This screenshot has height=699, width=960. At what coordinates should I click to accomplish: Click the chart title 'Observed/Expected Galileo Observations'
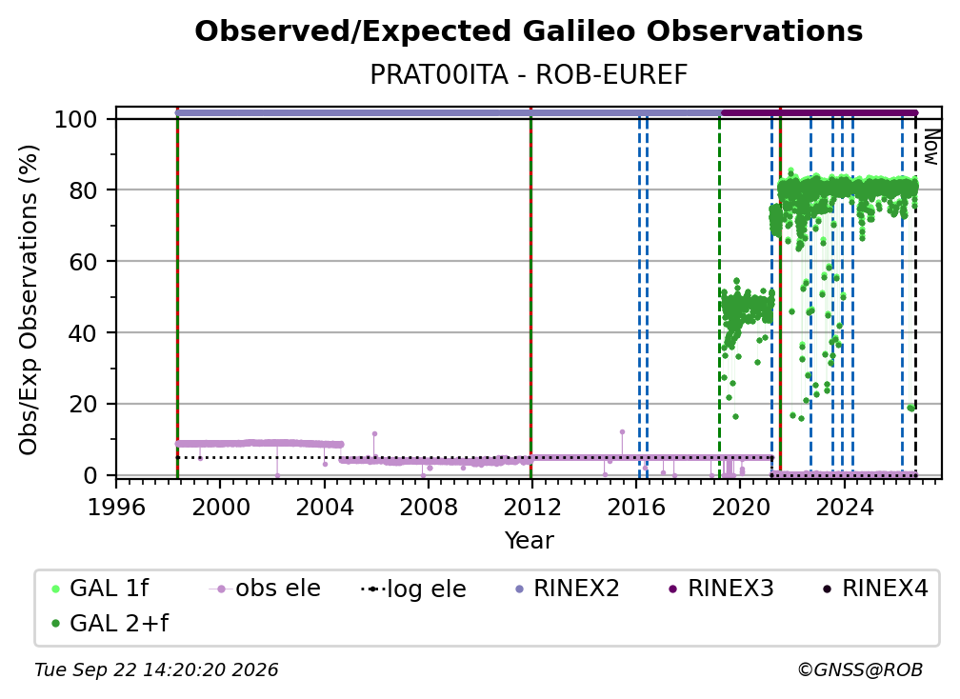tap(529, 31)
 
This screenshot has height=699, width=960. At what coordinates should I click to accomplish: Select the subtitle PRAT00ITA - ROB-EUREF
tap(529, 74)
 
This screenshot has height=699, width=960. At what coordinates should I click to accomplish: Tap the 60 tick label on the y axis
tap(83, 262)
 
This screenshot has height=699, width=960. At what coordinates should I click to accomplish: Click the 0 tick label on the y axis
tap(90, 475)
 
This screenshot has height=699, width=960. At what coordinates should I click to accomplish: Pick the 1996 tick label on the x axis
tap(116, 508)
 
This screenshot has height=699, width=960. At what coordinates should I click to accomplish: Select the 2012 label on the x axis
tap(531, 508)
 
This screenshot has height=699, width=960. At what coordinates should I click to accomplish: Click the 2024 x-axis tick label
tap(844, 508)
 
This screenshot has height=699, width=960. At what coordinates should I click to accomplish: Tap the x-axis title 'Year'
tap(529, 541)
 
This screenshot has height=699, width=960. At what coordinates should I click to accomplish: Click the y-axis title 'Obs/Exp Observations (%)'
tap(29, 300)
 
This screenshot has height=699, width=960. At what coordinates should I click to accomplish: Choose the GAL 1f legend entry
tap(101, 589)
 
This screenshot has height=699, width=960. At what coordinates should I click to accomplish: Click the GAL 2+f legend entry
tap(110, 623)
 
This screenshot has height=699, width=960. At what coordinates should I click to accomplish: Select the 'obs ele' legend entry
tap(265, 589)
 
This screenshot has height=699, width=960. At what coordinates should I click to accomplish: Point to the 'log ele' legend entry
tap(414, 589)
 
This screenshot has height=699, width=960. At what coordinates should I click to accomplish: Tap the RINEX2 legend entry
tap(568, 589)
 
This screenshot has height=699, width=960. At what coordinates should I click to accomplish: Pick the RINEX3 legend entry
tap(722, 589)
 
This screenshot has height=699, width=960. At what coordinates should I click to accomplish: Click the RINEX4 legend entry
tap(876, 589)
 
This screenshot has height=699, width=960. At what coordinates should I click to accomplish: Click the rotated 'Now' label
tap(930, 147)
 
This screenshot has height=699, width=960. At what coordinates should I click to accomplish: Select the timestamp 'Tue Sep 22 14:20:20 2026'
tap(156, 670)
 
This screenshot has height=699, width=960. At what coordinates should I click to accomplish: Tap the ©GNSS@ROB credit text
tap(860, 670)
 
